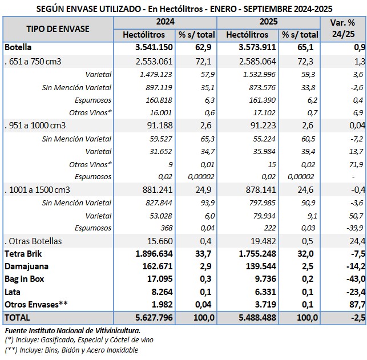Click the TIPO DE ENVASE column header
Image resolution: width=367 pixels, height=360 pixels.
[x=58, y=29]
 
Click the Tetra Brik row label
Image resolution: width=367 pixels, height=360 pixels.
[x=23, y=253]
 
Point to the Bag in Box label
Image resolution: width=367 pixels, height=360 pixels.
[x=24, y=278]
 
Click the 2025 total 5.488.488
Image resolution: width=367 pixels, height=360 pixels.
[x=253, y=317]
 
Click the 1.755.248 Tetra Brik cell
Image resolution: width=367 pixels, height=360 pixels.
[x=253, y=253]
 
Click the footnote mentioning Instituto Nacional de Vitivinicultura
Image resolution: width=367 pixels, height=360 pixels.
[x=72, y=330]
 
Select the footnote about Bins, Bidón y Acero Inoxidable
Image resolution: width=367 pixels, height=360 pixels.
[x=71, y=350]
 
